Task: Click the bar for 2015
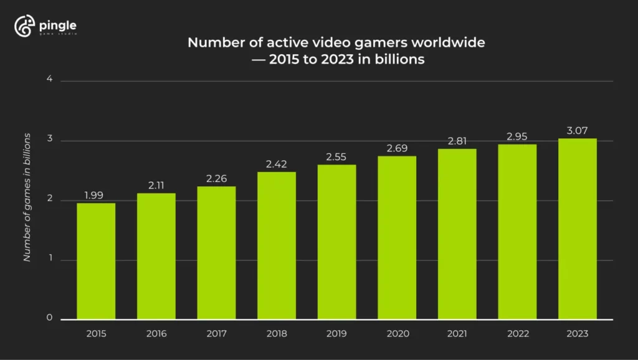pyautogui.click(x=96, y=262)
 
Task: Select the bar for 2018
pyautogui.click(x=277, y=246)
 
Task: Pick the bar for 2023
pyautogui.click(x=578, y=229)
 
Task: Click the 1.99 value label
pyautogui.click(x=94, y=196)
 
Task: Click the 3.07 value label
pyautogui.click(x=578, y=130)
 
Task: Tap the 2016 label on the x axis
pyautogui.click(x=156, y=334)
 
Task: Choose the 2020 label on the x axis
pyautogui.click(x=397, y=334)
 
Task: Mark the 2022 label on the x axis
pyautogui.click(x=518, y=334)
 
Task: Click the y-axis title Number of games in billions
pyautogui.click(x=27, y=206)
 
